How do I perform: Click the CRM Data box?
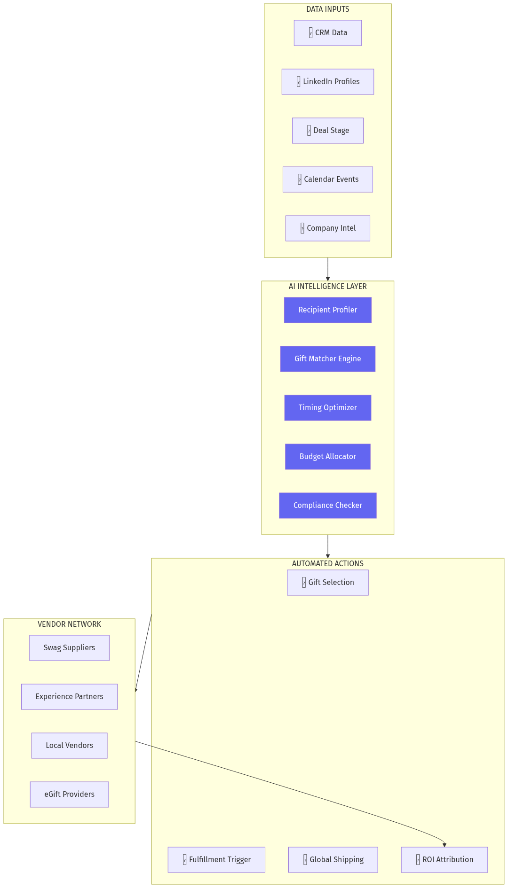[x=328, y=33]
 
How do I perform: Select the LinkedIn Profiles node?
[x=328, y=82]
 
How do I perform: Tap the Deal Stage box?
[x=328, y=131]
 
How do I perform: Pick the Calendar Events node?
[x=328, y=179]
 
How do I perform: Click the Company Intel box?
[x=328, y=228]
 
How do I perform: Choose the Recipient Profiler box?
[x=328, y=310]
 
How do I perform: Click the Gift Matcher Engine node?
[x=328, y=359]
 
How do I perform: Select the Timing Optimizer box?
[x=328, y=408]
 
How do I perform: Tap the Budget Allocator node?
[x=328, y=457]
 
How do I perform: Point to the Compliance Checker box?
[x=328, y=506]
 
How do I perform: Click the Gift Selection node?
[x=328, y=583]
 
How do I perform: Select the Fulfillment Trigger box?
[x=216, y=860]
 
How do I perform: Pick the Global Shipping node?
[x=333, y=860]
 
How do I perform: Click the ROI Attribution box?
[x=444, y=860]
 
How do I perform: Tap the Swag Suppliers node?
[x=69, y=648]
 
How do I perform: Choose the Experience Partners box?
[x=69, y=697]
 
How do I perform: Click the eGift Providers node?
[x=69, y=795]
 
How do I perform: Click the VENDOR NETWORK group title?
[x=69, y=624]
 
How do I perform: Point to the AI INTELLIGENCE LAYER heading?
[x=328, y=286]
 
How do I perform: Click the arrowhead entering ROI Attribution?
[x=444, y=845]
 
